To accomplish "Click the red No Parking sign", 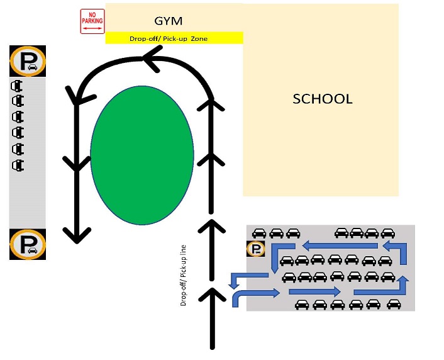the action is (x=92, y=21).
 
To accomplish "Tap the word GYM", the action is (x=168, y=21).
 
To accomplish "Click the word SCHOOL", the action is (x=323, y=99).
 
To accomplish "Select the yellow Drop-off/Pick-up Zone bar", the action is (x=174, y=38).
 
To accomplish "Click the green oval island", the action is (x=142, y=155).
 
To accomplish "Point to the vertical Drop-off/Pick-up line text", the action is (x=184, y=275).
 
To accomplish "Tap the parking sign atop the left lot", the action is (x=28, y=61).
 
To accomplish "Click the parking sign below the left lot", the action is (x=28, y=244).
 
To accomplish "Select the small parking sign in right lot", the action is (x=256, y=249).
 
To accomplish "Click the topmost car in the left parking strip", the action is (x=17, y=86).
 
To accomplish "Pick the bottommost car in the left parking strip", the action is (x=18, y=165).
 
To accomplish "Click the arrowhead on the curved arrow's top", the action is (x=152, y=59).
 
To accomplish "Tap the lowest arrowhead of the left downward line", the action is (x=77, y=235).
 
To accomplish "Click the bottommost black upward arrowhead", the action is (x=212, y=295).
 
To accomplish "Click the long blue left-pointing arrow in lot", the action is (x=340, y=245).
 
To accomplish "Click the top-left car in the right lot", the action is (x=259, y=233).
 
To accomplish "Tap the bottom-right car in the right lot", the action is (x=394, y=304).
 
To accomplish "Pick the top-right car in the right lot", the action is (x=388, y=233).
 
